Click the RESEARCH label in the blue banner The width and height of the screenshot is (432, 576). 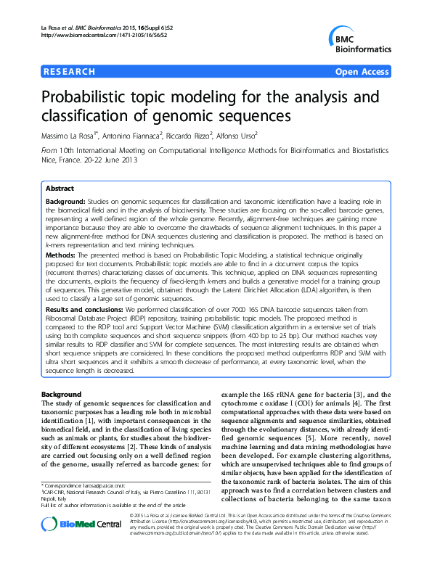pos(70,72)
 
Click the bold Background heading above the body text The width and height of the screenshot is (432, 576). pos(62,395)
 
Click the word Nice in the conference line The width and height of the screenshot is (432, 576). pos(50,161)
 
